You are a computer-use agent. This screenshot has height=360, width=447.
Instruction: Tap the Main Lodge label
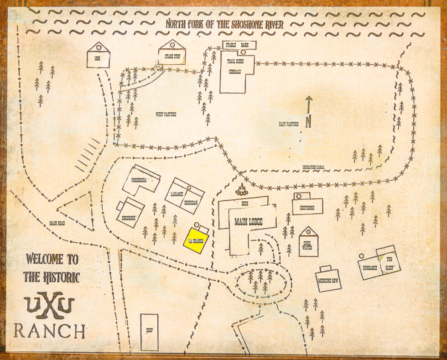pos(249,222)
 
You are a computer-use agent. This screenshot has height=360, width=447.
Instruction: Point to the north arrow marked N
pos(309,112)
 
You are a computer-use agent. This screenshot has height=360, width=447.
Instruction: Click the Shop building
pos(149,332)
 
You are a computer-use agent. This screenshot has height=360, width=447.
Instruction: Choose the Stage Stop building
pos(172,53)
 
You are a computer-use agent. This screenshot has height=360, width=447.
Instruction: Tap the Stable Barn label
pos(239,45)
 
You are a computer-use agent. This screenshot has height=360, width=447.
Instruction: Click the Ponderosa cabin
pos(141,180)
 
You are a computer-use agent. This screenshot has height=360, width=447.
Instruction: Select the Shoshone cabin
pos(130,213)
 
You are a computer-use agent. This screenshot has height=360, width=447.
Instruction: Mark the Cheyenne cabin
pos(308,206)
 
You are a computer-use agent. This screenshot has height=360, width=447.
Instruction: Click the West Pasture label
pos(166,115)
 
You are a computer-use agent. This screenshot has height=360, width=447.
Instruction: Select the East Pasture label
pos(288,124)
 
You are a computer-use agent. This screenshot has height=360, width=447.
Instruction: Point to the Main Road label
pos(57,224)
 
